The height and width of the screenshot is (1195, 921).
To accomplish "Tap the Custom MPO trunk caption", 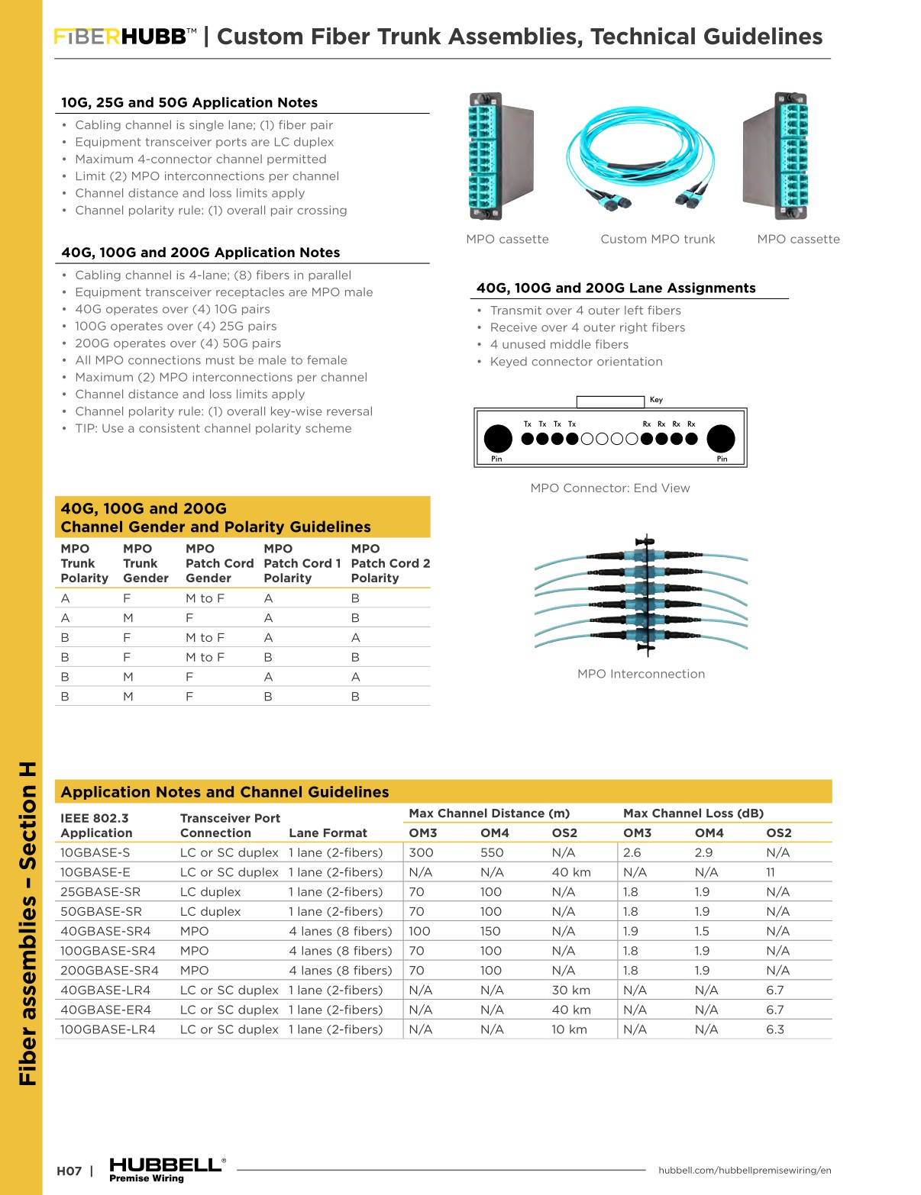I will coord(658,239).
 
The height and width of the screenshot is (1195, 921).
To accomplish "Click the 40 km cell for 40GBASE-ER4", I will coord(571,1010).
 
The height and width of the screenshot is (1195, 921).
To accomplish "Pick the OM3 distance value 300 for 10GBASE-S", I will coord(421,852).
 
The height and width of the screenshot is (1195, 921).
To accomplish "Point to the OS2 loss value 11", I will coord(771,872).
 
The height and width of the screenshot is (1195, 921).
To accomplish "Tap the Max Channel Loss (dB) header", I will coord(693,813).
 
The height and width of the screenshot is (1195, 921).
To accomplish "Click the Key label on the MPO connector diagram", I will coord(656,400).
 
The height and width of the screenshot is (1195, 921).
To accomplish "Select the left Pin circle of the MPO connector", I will coord(498,439).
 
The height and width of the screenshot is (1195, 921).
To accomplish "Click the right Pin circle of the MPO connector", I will coord(720,439).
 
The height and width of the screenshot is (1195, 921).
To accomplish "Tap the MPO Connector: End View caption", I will coord(610,488).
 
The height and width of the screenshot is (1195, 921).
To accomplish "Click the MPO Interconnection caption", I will coord(641,674).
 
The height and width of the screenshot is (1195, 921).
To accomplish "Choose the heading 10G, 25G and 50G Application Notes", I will coord(189,102).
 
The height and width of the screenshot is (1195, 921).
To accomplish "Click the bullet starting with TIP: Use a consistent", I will coord(213,429).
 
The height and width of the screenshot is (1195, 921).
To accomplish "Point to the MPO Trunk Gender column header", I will coord(145,563).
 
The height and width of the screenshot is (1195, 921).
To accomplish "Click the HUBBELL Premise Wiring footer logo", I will coord(166,1169).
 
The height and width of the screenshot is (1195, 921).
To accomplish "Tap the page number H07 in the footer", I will coord(69,1171).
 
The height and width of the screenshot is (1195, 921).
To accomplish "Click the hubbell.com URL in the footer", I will coord(745,1170).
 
